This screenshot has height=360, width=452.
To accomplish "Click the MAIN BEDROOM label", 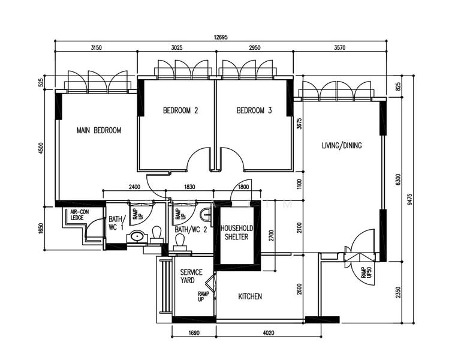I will [99, 130].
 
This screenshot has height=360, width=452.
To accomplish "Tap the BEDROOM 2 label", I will [180, 110].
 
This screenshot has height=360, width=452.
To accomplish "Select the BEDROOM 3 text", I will [254, 110].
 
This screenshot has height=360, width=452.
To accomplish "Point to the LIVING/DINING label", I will [342, 145].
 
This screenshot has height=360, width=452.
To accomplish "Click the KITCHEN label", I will [250, 296].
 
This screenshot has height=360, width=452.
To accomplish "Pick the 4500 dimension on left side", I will [41, 148].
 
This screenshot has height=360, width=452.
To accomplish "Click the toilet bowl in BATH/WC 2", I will [179, 240].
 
